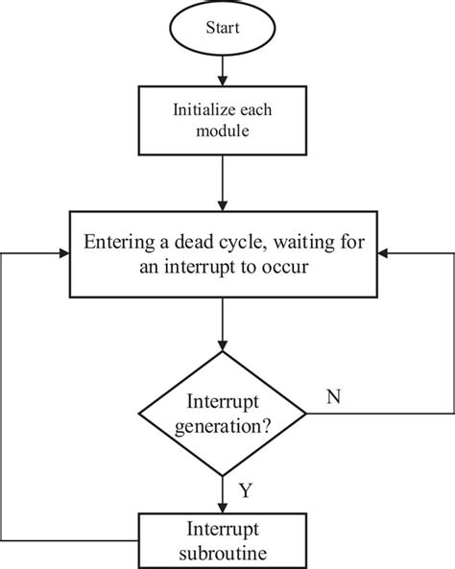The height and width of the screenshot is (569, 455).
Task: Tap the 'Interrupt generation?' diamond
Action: click(x=223, y=415)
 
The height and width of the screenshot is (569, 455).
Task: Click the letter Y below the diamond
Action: click(x=246, y=491)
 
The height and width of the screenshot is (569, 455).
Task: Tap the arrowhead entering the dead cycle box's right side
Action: click(x=384, y=253)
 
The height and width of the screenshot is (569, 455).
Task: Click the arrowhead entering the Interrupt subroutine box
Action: click(x=223, y=510)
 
